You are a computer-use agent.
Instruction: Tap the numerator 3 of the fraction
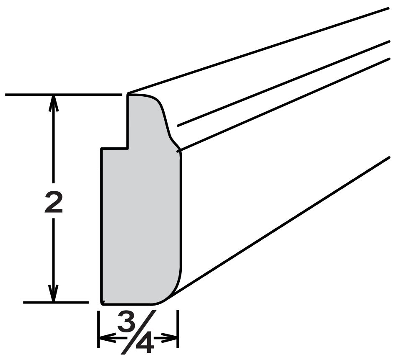tap(126, 321)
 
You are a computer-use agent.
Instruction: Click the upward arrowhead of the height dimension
tap(53, 103)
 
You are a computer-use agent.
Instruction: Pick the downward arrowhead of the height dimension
tap(53, 293)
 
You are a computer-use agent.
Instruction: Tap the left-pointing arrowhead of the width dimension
tap(107, 338)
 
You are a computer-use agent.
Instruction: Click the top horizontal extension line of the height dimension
tap(63, 95)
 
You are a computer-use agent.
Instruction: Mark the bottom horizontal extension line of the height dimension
tap(56, 302)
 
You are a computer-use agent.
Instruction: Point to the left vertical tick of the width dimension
tap(98, 329)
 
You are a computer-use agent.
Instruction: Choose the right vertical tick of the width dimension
tap(178, 329)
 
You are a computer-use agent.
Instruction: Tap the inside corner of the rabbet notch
tap(128, 148)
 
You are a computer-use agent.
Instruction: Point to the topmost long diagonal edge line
tap(258, 51)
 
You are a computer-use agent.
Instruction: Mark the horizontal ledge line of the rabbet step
tap(114, 149)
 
